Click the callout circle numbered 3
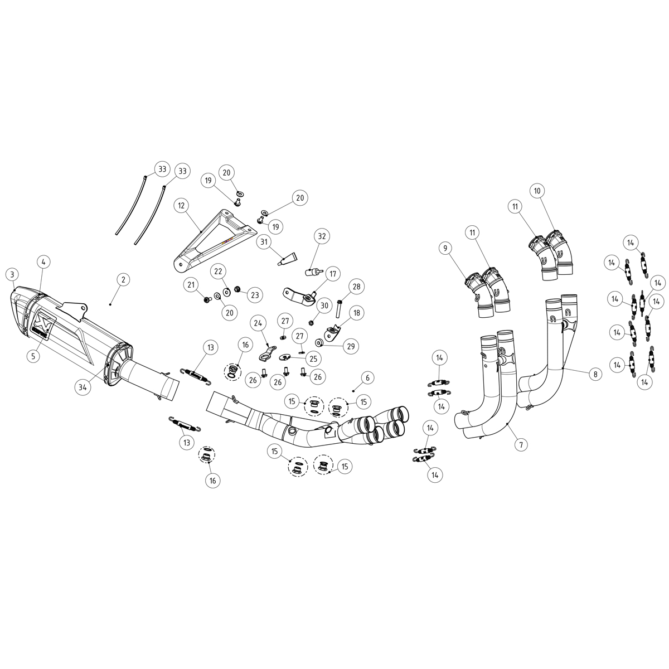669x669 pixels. point(12,274)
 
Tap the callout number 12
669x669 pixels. point(181,206)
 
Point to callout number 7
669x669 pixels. point(521,445)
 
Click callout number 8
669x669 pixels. point(595,374)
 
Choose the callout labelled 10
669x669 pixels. point(537,191)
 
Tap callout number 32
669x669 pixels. point(321,236)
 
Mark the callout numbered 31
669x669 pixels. point(264,242)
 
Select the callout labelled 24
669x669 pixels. point(258,323)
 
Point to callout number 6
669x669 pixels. point(367,378)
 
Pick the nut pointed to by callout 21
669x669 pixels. point(207,300)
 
